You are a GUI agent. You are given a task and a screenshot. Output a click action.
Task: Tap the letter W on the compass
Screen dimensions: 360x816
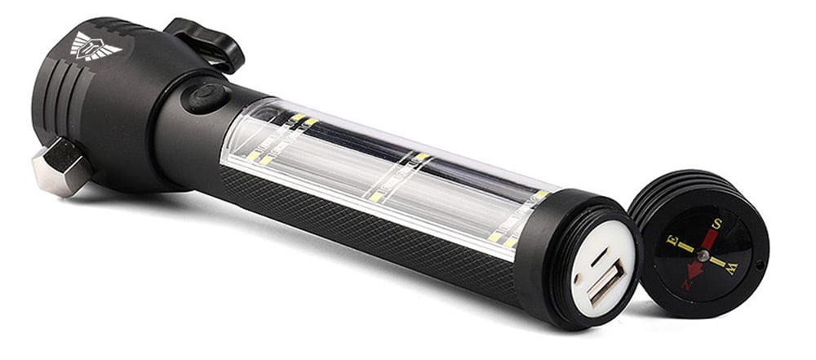[733, 269]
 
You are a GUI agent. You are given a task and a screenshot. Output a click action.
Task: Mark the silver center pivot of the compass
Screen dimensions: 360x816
[703, 256]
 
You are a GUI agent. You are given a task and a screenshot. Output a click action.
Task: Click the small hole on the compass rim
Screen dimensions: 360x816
[761, 264]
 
